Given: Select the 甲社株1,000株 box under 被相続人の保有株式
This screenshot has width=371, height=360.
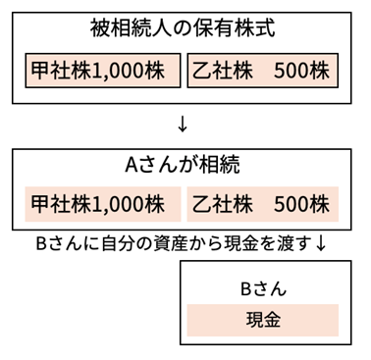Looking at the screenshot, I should [x=103, y=71].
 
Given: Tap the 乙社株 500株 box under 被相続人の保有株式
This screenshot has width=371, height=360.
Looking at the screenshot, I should [x=262, y=71].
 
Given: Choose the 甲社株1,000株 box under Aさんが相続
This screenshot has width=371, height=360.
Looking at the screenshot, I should [x=103, y=204].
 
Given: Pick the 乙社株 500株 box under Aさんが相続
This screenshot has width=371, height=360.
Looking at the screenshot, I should [x=262, y=204].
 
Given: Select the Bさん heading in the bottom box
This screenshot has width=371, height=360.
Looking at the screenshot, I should [x=262, y=288].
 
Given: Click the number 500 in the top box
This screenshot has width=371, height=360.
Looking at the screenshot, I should [x=291, y=71].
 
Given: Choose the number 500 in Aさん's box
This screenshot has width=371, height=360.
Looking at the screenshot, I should [x=291, y=204].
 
